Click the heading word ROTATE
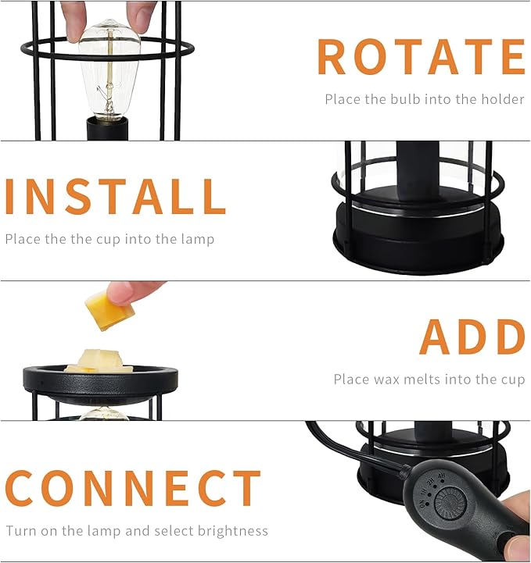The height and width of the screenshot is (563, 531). (x=421, y=57)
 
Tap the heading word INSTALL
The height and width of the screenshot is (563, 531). (x=116, y=197)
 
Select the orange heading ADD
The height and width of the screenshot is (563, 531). (x=472, y=337)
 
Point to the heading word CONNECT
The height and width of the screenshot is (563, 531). (x=133, y=488)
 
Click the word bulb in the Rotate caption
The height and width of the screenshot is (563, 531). (x=405, y=99)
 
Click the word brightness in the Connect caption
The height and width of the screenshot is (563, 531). (x=232, y=531)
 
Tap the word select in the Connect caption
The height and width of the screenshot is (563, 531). (x=174, y=531)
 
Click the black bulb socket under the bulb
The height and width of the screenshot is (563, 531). (x=107, y=129)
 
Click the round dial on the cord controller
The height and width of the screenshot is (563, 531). (x=450, y=503)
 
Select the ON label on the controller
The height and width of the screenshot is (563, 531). (x=424, y=504)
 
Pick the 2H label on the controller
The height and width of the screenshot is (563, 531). (x=429, y=482)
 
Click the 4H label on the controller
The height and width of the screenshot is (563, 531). (x=441, y=477)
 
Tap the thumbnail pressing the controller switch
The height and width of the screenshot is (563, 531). (x=518, y=544)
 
